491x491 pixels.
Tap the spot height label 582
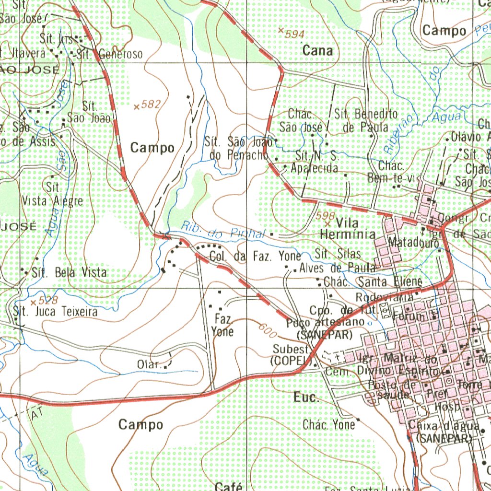click(151, 104)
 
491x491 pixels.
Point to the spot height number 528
click(48, 301)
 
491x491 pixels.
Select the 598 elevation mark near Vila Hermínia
click(326, 217)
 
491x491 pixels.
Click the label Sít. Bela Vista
click(69, 273)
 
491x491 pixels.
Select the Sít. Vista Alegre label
click(53, 194)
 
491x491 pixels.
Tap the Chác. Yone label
click(329, 425)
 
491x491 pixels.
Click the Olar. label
click(149, 365)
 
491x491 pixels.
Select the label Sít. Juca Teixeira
click(56, 312)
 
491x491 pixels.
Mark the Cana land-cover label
click(317, 51)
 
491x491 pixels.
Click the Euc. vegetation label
click(305, 397)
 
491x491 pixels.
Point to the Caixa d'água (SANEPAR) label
click(444, 432)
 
